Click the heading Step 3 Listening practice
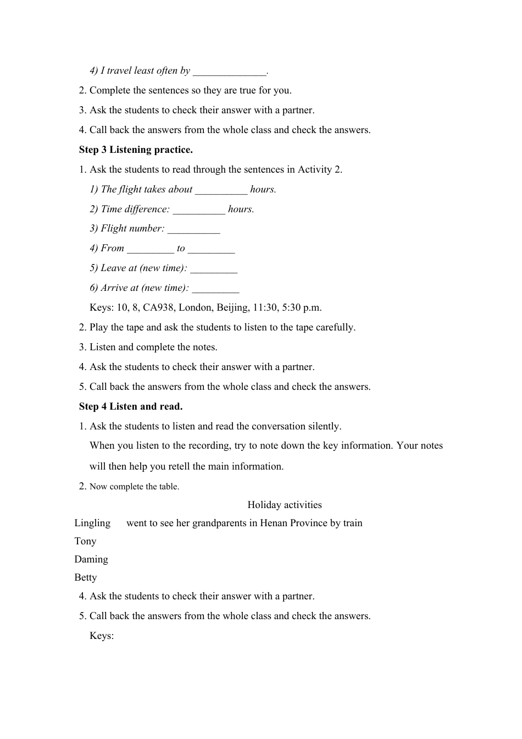(x=136, y=150)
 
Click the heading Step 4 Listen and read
(x=131, y=406)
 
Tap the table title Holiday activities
(x=285, y=505)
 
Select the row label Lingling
(x=92, y=523)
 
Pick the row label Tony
(x=85, y=541)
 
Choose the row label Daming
(x=91, y=559)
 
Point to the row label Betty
(x=86, y=577)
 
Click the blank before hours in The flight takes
(x=221, y=190)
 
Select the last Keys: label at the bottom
(x=102, y=636)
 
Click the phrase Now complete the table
(x=134, y=487)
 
